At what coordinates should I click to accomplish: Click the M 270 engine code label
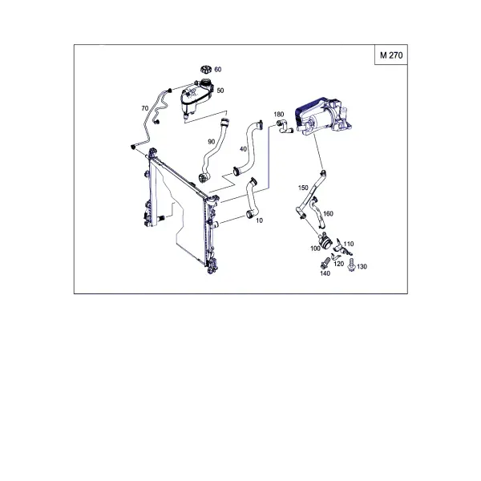[x=391, y=55]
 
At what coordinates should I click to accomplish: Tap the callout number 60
[x=218, y=70]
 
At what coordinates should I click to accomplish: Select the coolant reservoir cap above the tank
[x=206, y=69]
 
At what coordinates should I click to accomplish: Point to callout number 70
[x=145, y=108]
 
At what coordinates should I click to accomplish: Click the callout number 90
[x=212, y=142]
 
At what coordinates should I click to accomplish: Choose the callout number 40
[x=243, y=149]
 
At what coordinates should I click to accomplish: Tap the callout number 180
[x=278, y=115]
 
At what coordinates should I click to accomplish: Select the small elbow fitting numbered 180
[x=285, y=127]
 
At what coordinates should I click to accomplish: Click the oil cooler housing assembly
[x=323, y=116]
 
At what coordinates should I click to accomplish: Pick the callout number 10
[x=259, y=220]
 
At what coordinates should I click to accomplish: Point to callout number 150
[x=303, y=188]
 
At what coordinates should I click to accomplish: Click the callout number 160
[x=328, y=213]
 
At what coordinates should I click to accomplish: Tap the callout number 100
[x=315, y=249]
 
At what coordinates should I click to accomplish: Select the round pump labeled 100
[x=325, y=240]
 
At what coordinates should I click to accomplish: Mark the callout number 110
[x=349, y=244]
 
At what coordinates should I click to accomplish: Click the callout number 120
[x=338, y=264]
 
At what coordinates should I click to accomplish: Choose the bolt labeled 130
[x=351, y=265]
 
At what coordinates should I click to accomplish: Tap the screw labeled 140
[x=325, y=264]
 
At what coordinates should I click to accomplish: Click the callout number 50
[x=220, y=91]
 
